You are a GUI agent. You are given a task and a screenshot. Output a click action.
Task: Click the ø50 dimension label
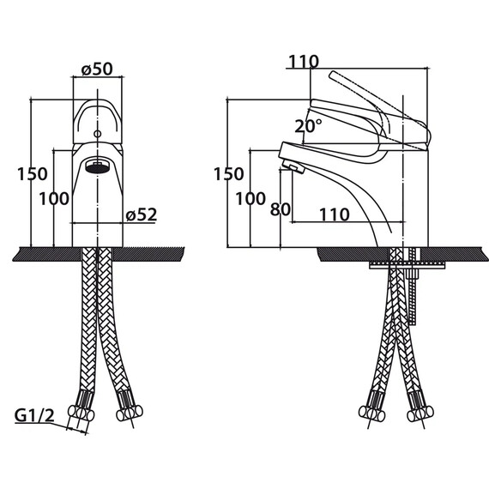97,69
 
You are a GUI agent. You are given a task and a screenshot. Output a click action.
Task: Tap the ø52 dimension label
142,214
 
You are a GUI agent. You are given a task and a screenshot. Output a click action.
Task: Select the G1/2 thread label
34,415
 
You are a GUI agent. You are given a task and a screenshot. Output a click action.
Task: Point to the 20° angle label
308,126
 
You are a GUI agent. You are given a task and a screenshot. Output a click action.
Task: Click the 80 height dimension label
280,209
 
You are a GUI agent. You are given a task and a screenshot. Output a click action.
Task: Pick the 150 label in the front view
32,174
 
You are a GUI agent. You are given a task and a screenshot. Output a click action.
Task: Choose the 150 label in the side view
228,174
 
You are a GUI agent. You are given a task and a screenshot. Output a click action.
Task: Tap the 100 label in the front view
54,199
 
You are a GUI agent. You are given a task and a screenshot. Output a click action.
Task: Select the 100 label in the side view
251,199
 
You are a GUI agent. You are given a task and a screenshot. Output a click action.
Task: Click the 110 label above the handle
304,62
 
